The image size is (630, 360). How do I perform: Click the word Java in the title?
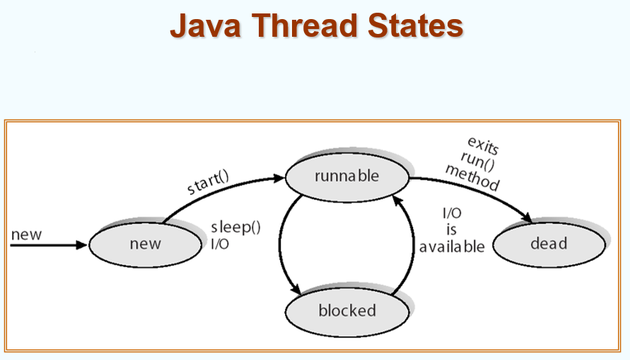pyautogui.click(x=205, y=26)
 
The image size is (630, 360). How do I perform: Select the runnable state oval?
pyautogui.click(x=346, y=175)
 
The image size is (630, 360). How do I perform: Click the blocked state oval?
pyautogui.click(x=346, y=310)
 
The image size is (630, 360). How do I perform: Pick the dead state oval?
pyautogui.click(x=549, y=243)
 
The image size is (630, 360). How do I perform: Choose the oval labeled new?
pyautogui.click(x=145, y=244)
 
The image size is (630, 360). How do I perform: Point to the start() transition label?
pyautogui.click(x=208, y=182)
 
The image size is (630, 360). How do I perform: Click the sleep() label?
pyautogui.click(x=236, y=228)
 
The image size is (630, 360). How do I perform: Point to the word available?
pyautogui.click(x=452, y=247)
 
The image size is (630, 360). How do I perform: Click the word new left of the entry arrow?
pyautogui.click(x=27, y=235)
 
